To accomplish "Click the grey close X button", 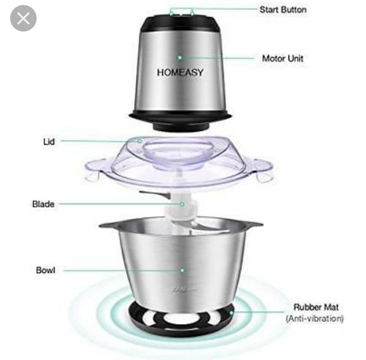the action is [x=23, y=18].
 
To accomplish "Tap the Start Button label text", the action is [x=283, y=10].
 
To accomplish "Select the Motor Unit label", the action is [x=283, y=58].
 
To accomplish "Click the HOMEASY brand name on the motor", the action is [x=180, y=72].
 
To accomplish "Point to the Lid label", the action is [x=49, y=141].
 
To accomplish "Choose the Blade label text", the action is [x=43, y=204].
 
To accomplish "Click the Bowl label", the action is [x=46, y=270].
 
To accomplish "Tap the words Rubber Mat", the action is [x=316, y=307].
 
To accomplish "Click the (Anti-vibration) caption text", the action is [x=315, y=318].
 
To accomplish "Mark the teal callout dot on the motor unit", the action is [x=180, y=58].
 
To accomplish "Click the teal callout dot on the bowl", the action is [x=182, y=270].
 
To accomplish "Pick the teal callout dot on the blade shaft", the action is [x=182, y=204].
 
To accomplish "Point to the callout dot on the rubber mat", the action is [x=231, y=312].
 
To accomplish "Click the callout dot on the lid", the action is [x=140, y=141].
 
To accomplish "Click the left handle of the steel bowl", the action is [x=109, y=225].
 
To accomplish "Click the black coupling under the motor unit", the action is [x=181, y=125].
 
